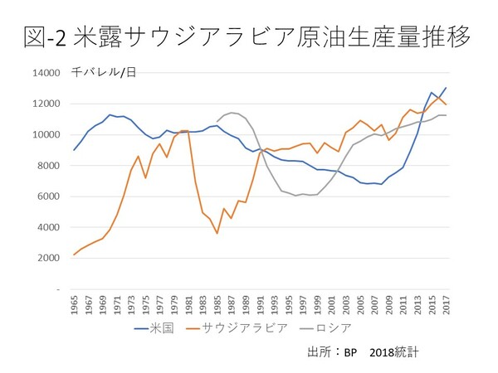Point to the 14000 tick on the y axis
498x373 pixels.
tap(46, 73)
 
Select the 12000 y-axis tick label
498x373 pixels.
tap(46, 104)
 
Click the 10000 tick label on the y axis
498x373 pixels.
tap(46, 134)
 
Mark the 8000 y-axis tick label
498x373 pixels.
tap(49, 165)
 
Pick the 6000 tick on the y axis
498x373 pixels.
tap(49, 196)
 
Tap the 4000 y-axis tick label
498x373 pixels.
tap(49, 227)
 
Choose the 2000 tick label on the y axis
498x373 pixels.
tap(49, 258)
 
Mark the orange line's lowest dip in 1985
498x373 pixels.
tap(217, 234)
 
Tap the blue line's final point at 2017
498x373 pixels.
tap(447, 88)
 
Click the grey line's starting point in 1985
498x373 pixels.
tap(217, 121)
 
